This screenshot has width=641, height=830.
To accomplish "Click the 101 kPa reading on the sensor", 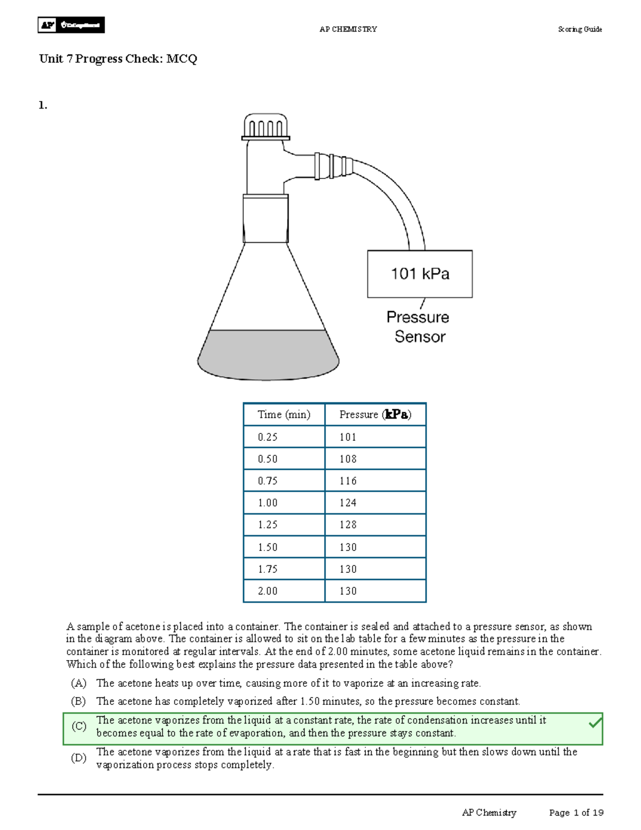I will coord(420,274).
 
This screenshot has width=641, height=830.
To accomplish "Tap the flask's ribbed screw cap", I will coord(265,127).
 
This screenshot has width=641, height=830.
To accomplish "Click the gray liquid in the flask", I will coord(268,354).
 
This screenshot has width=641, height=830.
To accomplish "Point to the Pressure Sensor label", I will coord(418,327).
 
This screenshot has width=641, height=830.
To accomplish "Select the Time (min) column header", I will coord(284,415).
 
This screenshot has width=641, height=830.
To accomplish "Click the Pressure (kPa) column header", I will coord(375,415).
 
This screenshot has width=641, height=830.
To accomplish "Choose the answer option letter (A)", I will coord(79,683).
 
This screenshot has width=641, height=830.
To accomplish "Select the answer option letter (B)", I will coord(79,701).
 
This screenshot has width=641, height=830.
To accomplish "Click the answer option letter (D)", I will coord(79,758).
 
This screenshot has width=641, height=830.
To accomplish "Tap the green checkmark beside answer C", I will coord(595,724).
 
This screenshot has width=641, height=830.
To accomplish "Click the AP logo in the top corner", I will coord(48,25).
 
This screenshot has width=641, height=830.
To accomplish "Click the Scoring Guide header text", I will coord(580,29).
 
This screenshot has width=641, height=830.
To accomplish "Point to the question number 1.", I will coord(43,105).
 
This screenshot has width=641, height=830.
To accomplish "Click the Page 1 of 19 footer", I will coord(576,813).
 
